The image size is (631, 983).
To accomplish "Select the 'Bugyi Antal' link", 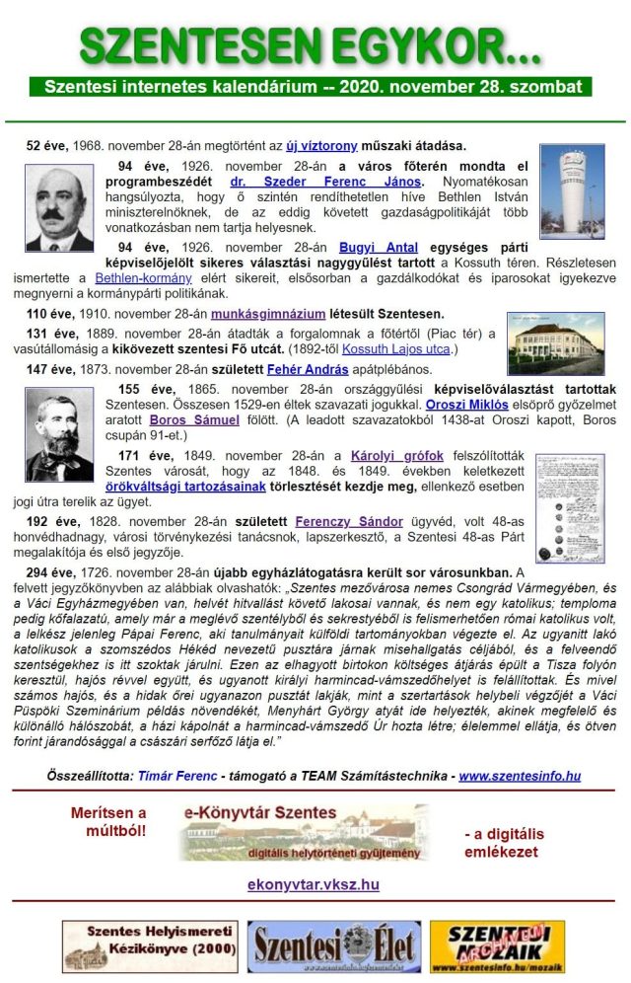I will pyautogui.click(x=379, y=247).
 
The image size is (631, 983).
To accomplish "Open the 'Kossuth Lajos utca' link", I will pyautogui.click(x=394, y=348).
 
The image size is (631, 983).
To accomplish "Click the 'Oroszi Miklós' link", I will pyautogui.click(x=467, y=405).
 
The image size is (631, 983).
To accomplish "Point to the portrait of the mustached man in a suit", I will pyautogui.click(x=59, y=208).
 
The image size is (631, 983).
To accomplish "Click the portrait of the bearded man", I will pyautogui.click(x=59, y=434).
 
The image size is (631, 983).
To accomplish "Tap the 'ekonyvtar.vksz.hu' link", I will pyautogui.click(x=313, y=884).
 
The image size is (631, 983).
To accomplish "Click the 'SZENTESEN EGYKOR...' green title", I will pyautogui.click(x=311, y=44).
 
